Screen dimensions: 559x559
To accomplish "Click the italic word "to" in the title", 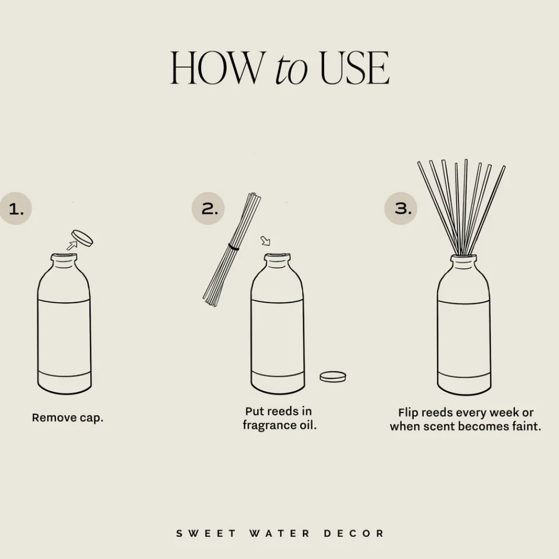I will pos(291,69).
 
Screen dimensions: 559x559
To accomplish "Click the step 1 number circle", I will pos(16,209).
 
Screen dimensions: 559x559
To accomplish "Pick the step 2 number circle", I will pos(209,209).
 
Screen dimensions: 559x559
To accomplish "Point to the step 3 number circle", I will pos(401,209).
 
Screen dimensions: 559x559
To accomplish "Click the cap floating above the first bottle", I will pos(83,238).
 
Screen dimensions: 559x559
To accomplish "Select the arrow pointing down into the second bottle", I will pos(265,241).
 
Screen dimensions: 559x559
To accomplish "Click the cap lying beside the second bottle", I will pos(333,376).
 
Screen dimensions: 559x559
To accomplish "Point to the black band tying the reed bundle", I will pos(233,247).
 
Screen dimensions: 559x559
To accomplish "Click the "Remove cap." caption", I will pos(68,418).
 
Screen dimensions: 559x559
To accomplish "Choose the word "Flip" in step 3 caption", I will pos(409,413).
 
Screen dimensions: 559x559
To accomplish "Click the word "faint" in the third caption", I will pos(525,427).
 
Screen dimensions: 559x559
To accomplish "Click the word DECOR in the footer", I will pos(354,533).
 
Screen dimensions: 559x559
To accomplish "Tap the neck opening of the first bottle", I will pos(64,258).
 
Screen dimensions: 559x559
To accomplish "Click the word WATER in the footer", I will pos(278,533).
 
